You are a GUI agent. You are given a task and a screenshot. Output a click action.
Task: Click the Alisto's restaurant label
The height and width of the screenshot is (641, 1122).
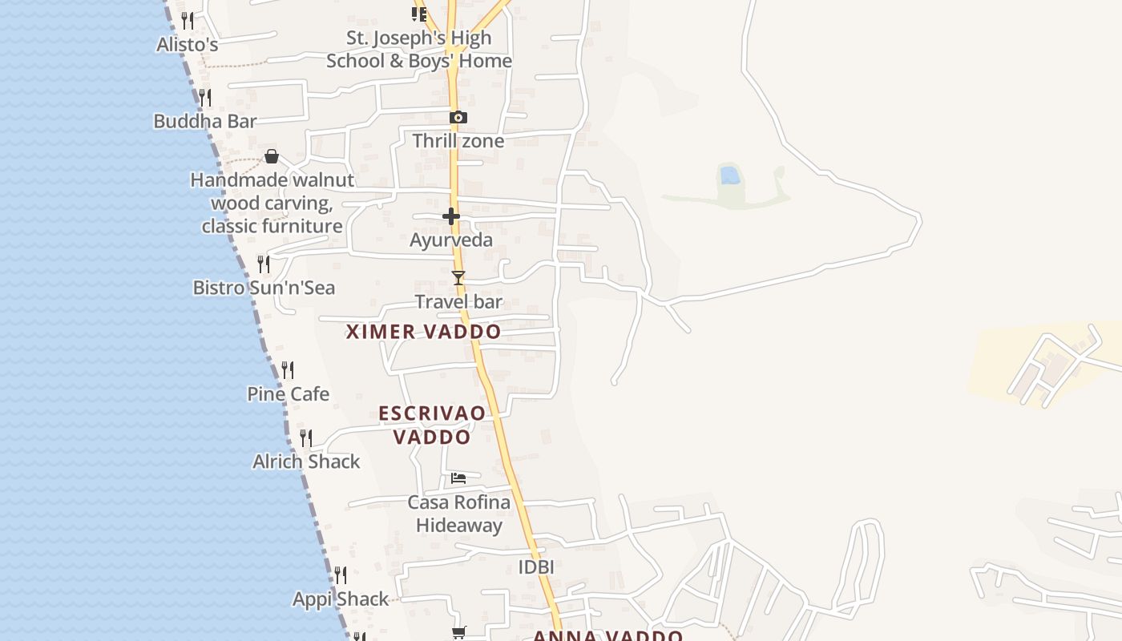point(188,45)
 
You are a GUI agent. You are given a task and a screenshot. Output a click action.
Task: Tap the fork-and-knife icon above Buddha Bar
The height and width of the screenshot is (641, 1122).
point(205,98)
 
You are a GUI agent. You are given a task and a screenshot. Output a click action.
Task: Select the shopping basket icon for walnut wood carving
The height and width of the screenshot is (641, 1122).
point(272,156)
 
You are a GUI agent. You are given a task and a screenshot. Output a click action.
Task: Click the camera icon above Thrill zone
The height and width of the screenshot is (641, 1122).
point(458,118)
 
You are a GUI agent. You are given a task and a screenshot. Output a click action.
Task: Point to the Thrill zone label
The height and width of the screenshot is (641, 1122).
point(458,141)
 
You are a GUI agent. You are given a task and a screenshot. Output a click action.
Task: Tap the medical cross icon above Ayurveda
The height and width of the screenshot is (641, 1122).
point(451,216)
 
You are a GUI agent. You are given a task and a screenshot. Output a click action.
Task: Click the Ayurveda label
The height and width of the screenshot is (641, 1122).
point(451,240)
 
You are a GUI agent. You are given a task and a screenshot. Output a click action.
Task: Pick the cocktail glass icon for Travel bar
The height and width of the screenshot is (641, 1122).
point(458,278)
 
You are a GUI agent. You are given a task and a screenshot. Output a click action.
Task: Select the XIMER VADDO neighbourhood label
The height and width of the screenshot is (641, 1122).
point(423,332)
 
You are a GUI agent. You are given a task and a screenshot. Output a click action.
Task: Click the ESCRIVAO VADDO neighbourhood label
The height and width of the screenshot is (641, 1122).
point(432,425)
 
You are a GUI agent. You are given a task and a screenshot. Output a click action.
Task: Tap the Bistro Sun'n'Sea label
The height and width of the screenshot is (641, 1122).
point(264,288)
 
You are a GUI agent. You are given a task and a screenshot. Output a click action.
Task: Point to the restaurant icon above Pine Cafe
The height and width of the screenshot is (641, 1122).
point(288,370)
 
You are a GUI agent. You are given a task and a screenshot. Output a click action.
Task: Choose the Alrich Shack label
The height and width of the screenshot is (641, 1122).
point(306,462)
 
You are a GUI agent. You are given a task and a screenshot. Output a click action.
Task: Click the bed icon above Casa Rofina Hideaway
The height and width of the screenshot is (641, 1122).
point(458,478)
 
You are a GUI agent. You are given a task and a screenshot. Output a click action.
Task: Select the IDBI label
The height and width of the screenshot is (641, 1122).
point(536,567)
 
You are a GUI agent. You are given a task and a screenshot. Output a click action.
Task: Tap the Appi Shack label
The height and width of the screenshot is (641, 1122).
point(341,599)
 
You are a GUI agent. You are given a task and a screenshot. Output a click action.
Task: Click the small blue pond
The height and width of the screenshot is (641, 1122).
point(729,175)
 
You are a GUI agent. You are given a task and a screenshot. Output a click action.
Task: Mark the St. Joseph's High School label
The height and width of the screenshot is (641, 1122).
point(419,50)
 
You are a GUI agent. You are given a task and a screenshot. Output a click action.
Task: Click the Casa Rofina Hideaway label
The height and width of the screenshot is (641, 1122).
point(459,514)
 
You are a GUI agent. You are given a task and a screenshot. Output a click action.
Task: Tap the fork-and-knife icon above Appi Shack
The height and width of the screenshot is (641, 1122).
point(341,575)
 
